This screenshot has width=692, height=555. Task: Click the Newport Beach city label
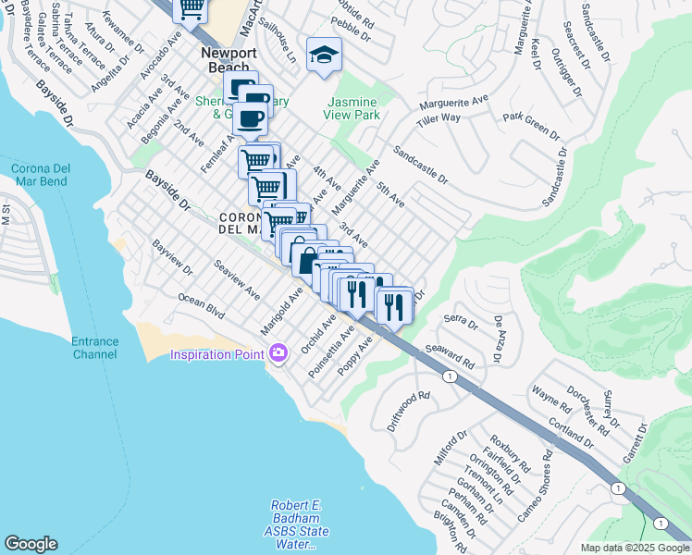[226, 61]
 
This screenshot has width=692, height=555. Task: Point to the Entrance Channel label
[95, 348]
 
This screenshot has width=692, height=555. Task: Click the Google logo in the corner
[31, 544]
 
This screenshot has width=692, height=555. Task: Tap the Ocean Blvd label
[202, 307]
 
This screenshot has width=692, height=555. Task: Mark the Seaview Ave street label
[237, 279]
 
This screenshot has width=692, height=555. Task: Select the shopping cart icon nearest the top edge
[192, 9]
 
